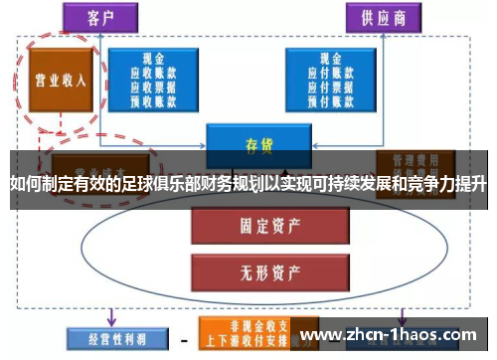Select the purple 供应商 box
382,16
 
